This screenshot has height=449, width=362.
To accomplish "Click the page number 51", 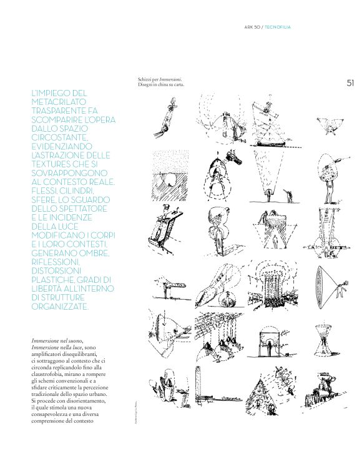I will point(350,82).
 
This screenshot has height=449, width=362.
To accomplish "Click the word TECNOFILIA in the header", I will point(278,27).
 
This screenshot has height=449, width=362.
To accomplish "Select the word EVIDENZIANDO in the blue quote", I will point(62,146).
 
